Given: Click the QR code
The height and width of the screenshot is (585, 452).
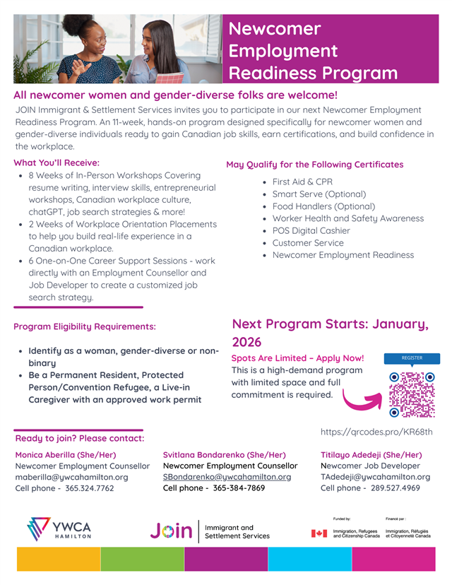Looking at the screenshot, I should pos(412,394).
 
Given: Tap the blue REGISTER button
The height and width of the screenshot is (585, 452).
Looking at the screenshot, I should pos(412,358).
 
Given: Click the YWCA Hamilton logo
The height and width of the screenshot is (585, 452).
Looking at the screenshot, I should pos(59,529).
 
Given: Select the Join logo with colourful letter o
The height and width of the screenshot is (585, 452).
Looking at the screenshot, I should pos(171,531).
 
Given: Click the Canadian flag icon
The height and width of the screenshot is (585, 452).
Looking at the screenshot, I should pos(319,533).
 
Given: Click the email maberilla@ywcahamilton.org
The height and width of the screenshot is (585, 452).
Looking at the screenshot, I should pos(71,477).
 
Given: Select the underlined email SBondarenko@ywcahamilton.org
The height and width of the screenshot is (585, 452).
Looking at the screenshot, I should pos(227,477).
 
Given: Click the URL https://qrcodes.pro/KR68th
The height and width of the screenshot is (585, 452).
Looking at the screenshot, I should pos(376,432).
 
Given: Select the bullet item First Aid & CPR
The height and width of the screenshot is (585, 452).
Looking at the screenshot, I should pos(302,182).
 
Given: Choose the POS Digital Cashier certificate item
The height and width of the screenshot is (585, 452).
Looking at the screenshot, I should pos(311,230).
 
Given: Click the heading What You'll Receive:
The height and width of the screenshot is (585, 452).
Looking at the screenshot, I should pos(56,162).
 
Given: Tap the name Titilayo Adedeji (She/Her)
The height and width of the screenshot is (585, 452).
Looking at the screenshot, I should pos(371,455).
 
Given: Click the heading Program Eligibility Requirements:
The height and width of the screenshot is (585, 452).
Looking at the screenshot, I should pos(85,326).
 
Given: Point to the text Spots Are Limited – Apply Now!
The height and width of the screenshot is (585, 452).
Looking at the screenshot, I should pos(298,358).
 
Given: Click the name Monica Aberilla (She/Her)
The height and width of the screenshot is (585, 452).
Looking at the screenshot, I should pos(66,455).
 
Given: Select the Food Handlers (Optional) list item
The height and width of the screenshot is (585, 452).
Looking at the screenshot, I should pos(323,206).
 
